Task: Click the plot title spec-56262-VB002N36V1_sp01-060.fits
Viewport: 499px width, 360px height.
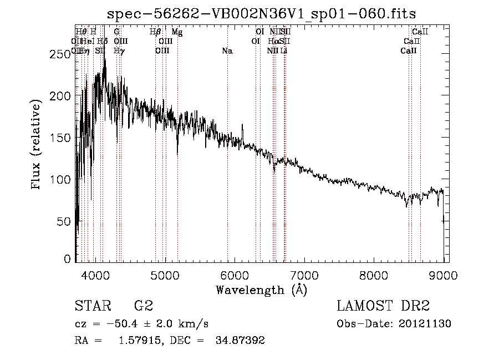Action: [261, 14]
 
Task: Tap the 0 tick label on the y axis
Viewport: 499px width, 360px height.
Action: [67, 259]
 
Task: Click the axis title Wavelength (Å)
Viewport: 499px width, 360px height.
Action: [261, 289]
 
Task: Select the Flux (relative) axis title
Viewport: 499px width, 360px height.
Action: [37, 145]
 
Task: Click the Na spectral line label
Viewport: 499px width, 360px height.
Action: [227, 51]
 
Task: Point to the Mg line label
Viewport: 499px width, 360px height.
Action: [177, 32]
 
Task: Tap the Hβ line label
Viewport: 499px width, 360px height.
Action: [155, 32]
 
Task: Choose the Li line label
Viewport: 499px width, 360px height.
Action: [283, 51]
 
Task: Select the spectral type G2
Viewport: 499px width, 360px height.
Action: [144, 306]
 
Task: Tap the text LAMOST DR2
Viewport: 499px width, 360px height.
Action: [383, 306]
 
